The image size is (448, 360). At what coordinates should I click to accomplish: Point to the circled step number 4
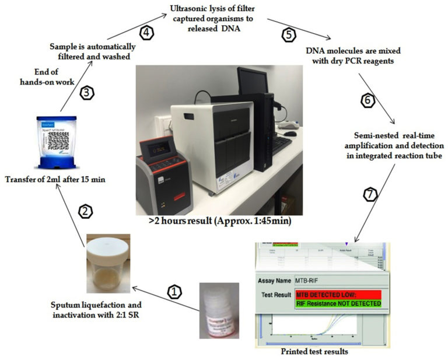(x=146, y=33)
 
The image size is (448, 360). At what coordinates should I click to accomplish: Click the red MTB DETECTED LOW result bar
(x=338, y=295)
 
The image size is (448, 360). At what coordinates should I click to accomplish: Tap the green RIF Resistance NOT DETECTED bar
(x=338, y=303)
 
